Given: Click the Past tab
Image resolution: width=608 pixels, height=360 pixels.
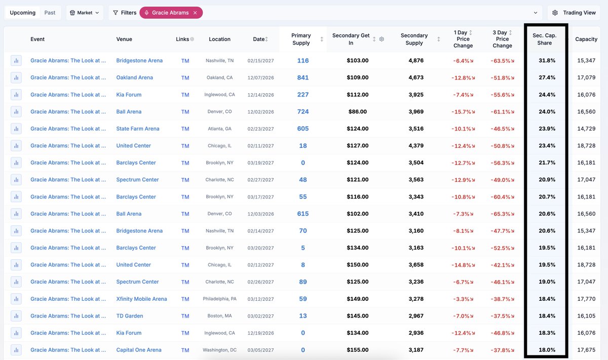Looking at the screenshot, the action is tap(50, 13).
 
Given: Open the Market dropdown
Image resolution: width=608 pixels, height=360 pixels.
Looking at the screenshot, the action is tap(85, 13).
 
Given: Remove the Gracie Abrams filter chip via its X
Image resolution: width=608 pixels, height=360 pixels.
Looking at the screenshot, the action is tap(195, 13).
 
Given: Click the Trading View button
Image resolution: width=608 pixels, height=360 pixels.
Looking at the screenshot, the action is tap(574, 13).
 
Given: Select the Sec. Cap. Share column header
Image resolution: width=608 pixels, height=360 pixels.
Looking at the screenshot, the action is tap(545, 39).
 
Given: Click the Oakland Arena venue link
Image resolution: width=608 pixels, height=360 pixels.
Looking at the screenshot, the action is tap(134, 77).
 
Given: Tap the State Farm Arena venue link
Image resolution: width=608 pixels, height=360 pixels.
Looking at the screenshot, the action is tap(138, 129).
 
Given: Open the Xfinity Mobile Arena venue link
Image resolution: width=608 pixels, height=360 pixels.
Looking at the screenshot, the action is tap(141, 299).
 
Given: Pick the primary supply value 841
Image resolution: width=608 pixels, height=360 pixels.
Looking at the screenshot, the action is tap(303, 77).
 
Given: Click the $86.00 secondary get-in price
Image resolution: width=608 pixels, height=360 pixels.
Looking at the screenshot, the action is tap(358, 111).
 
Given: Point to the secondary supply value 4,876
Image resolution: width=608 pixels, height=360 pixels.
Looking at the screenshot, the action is tap(416, 60).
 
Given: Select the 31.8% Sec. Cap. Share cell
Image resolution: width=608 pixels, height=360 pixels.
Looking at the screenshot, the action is tap(547, 60).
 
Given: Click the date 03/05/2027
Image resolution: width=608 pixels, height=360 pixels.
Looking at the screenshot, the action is tap(260, 350).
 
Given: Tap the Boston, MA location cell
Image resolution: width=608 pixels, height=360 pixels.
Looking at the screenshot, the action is tap(219, 316).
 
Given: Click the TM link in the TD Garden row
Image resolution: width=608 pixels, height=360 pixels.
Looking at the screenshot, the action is tap(185, 316).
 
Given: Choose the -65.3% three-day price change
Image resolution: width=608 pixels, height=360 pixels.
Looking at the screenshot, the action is tap(502, 214).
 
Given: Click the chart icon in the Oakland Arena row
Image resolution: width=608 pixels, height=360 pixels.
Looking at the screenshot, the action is tap(16, 77).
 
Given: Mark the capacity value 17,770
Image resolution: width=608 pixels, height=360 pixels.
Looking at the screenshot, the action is tap(586, 299).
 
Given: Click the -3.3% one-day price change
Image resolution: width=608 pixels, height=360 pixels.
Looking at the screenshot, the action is tap(463, 299).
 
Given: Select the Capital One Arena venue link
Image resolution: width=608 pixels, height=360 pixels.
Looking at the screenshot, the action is tap(139, 350).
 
